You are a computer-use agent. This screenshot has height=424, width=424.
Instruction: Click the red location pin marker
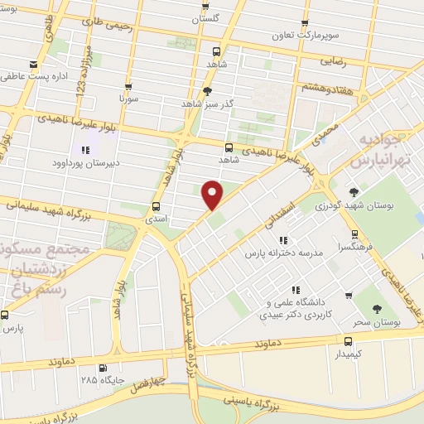213,194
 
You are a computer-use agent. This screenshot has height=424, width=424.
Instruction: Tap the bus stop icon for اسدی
156,206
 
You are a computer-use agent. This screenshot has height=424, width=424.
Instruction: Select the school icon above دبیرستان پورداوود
85,150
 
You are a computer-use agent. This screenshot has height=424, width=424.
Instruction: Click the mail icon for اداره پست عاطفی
32,65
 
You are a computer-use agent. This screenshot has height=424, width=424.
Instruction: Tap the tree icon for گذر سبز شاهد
207,92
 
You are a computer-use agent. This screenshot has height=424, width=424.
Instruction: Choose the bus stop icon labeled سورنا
128,85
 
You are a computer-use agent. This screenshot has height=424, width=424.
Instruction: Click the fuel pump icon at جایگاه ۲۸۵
103,369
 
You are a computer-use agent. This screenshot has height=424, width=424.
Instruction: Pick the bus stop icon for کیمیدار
347,340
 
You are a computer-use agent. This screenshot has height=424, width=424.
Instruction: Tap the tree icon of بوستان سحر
378,309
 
